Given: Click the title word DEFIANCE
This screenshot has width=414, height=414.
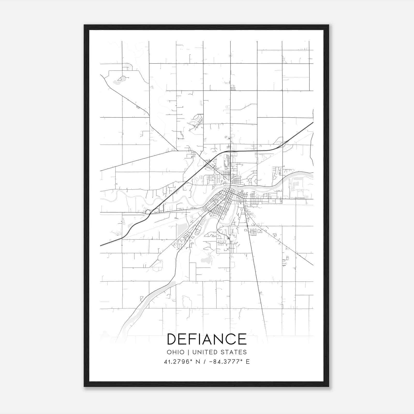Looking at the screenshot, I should (x=207, y=339).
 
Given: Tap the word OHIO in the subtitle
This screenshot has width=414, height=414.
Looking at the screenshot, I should (x=175, y=352).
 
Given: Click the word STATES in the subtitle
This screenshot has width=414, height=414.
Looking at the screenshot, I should (x=234, y=352).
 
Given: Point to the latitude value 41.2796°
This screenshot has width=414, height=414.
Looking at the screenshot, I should (x=178, y=362).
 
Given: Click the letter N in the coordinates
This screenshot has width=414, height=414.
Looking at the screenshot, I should (x=198, y=362).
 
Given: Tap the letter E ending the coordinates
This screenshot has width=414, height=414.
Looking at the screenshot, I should (x=248, y=362).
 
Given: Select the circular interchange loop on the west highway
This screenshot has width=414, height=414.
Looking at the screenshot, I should (x=148, y=212).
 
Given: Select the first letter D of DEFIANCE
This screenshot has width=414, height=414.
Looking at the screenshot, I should (x=172, y=339).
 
